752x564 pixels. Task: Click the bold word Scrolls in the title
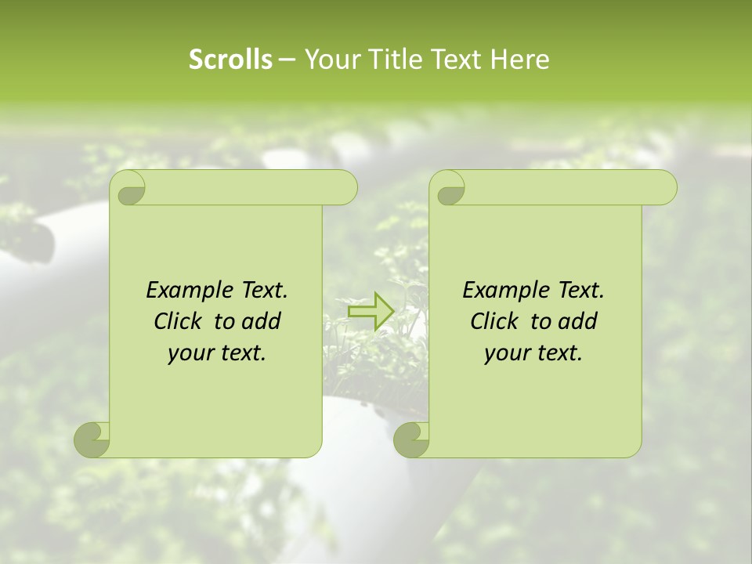click(230, 60)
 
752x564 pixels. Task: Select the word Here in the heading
click(519, 60)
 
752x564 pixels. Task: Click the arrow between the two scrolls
click(371, 312)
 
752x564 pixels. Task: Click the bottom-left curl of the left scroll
click(92, 439)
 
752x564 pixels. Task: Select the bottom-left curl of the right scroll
click(412, 439)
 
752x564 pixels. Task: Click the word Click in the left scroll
click(180, 322)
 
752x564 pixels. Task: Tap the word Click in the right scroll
click(497, 322)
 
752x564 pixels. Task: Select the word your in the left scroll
click(189, 354)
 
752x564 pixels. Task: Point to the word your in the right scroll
click(505, 354)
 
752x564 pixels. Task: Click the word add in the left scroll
click(261, 322)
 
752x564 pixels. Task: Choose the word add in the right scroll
click(577, 322)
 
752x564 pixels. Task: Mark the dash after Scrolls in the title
click(287, 60)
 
